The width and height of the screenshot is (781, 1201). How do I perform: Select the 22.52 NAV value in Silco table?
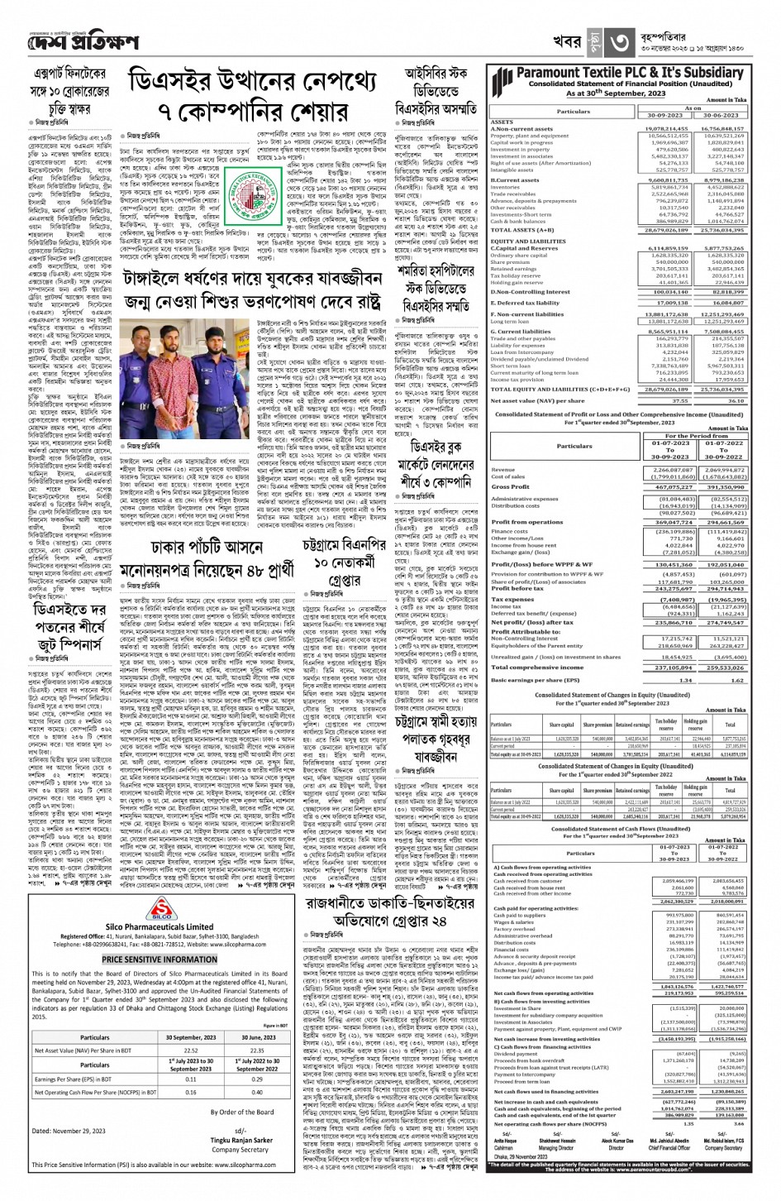(x=191, y=1050)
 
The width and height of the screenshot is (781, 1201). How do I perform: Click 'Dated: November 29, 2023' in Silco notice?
(x=69, y=1130)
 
